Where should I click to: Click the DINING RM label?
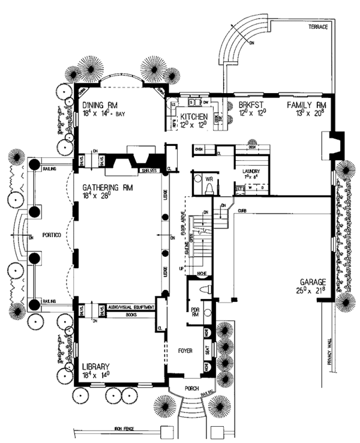click(x=100, y=104)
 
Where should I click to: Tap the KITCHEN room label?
click(x=193, y=116)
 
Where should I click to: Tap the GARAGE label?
click(x=311, y=282)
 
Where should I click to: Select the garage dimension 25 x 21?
click(x=311, y=291)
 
